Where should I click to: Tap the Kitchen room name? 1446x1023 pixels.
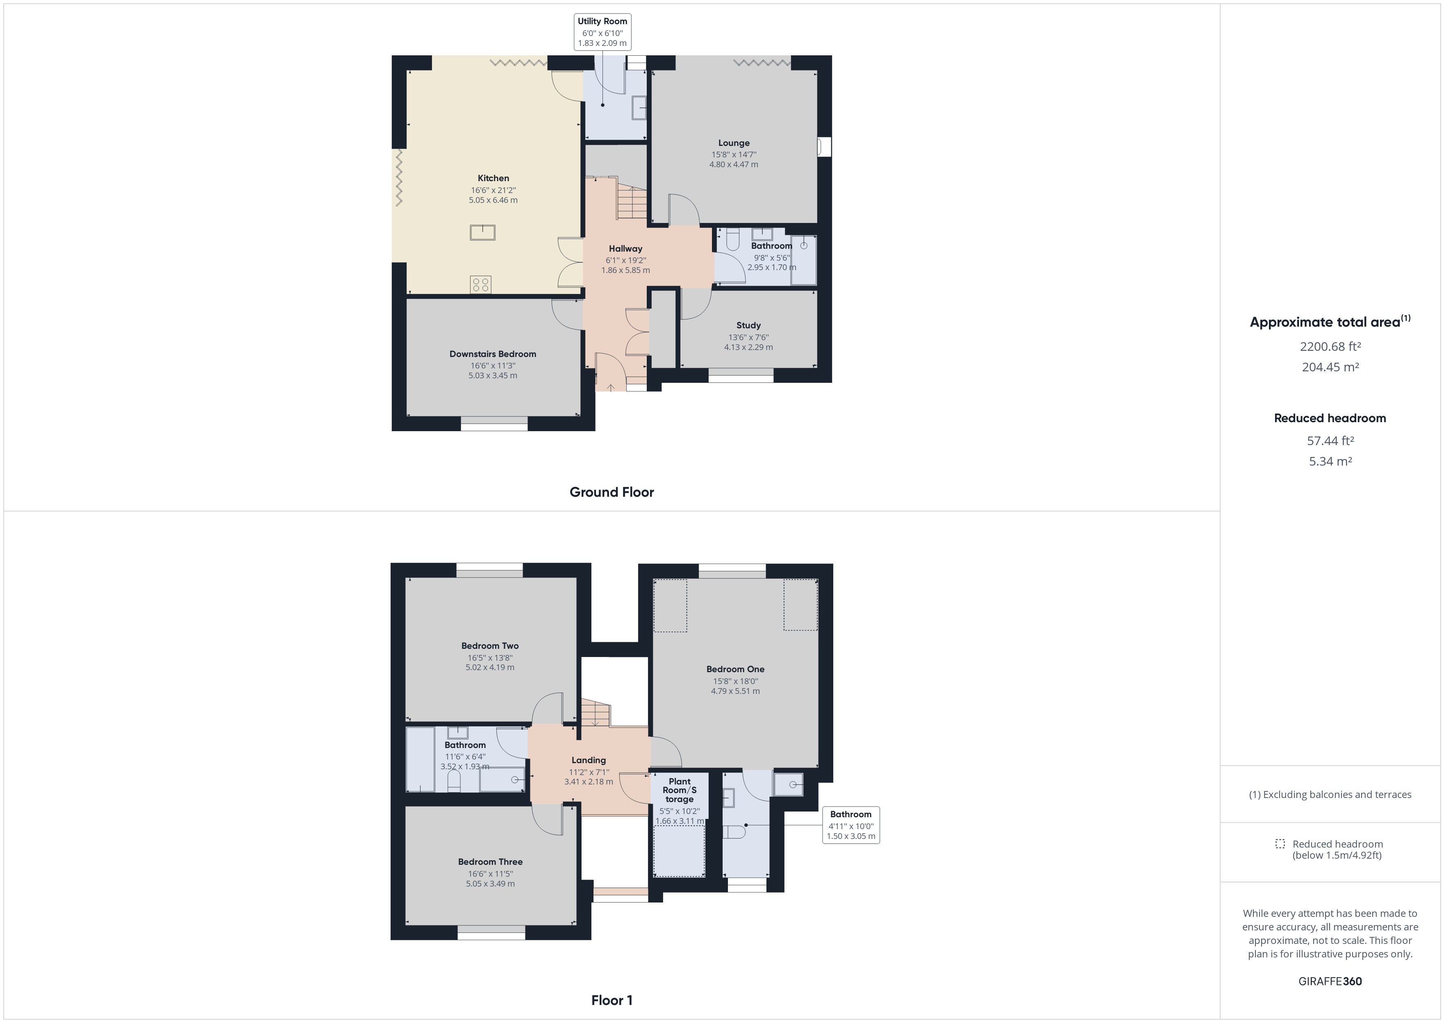point(493,178)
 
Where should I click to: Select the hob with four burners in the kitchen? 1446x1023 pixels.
point(480,285)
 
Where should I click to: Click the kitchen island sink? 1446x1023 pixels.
point(482,232)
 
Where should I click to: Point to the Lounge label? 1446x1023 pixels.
point(734,143)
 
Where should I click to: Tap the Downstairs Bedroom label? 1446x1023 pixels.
point(493,354)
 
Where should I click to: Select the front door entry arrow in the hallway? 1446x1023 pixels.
point(610,387)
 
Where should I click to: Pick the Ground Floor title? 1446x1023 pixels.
point(612,492)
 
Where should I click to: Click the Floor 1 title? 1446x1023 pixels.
point(612,1000)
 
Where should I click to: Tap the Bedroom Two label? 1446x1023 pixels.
point(490,646)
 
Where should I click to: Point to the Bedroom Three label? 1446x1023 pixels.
point(490,862)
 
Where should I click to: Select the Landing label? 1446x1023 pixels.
point(588,760)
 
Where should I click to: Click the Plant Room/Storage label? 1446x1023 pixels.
point(680,790)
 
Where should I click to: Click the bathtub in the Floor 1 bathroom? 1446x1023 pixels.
point(420,760)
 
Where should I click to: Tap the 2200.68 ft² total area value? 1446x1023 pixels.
point(1330,346)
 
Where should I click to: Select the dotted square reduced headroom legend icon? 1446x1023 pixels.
point(1280,843)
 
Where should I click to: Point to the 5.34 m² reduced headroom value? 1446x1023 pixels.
point(1330,461)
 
